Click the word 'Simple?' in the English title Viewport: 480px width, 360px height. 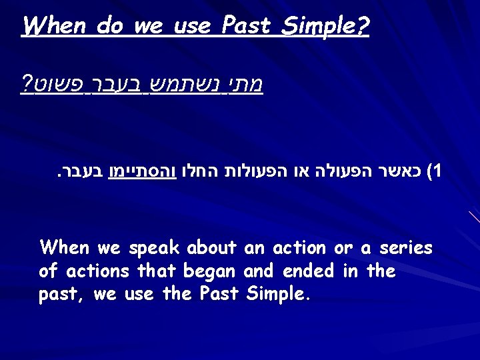(333, 27)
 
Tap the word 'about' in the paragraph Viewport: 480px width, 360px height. (211, 249)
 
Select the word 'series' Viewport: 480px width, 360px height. (405, 249)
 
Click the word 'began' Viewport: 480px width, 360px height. (213, 272)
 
